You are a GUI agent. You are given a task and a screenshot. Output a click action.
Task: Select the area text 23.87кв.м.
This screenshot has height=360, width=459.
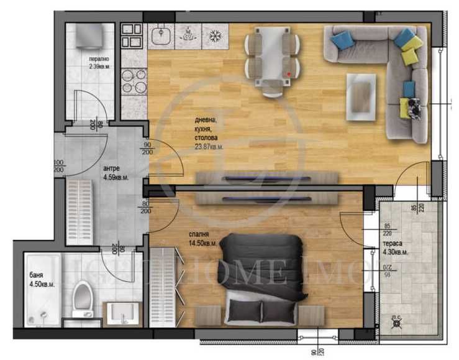[209, 147]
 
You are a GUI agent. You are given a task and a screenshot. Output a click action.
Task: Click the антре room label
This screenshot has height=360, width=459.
[112, 168]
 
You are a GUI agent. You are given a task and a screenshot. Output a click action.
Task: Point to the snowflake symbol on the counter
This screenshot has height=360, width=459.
[214, 35]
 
